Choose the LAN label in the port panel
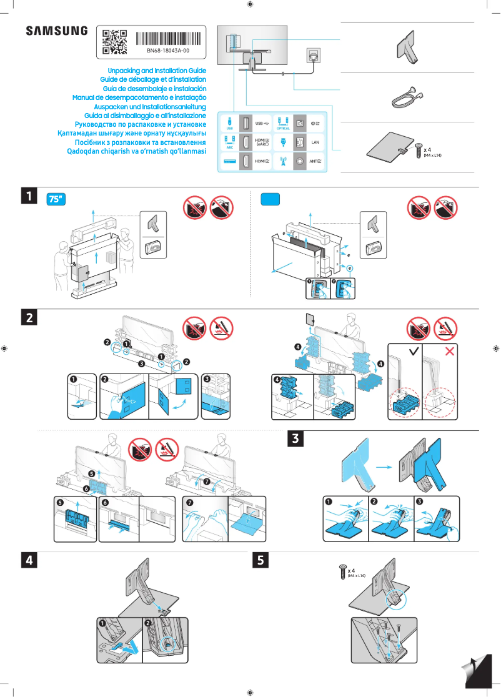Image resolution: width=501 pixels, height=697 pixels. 315,142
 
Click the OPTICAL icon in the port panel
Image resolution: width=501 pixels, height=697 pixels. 283,122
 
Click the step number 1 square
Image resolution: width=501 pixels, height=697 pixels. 29,195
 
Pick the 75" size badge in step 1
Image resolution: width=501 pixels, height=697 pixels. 57,199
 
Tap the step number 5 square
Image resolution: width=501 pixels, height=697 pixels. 260,560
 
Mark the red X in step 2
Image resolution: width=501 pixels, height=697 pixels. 449,352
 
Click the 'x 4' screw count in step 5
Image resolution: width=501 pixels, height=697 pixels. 352,571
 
